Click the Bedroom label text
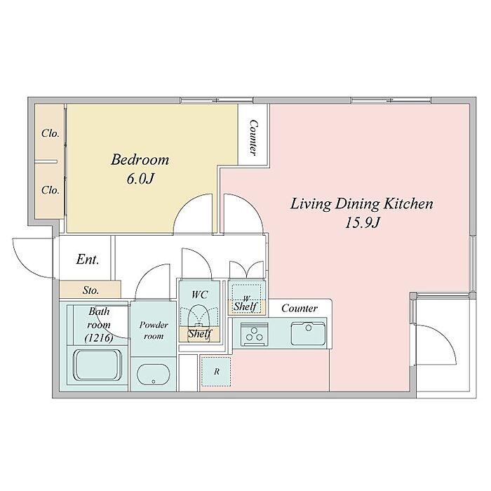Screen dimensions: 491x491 140,160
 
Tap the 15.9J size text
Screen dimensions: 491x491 363,223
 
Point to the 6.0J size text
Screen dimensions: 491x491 140,179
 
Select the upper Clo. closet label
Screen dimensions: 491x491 51,133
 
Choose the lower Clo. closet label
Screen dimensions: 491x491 51,190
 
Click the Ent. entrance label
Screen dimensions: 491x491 88,260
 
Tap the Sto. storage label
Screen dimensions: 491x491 90,290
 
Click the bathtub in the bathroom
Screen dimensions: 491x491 97,365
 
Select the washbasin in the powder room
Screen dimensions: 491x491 154,375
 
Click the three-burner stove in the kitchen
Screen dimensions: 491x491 254,335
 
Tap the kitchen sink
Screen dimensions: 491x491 308,333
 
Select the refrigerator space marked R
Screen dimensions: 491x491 216,372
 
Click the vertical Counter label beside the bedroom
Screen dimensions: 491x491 253,137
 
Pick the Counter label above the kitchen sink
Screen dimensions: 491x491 300,308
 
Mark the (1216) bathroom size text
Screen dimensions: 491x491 99,337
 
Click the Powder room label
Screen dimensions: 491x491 154,330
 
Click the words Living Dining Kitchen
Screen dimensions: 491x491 362,204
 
